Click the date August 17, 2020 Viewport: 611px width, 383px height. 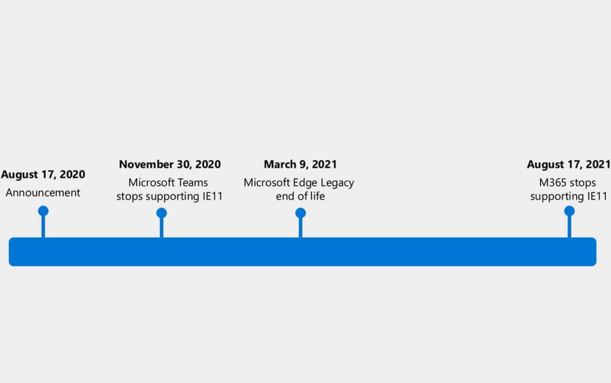(x=43, y=175)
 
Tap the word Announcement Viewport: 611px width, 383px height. (x=43, y=193)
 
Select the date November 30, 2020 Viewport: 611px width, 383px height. (x=170, y=165)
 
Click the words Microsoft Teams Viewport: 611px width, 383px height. (x=168, y=183)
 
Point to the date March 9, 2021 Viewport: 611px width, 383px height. (x=300, y=165)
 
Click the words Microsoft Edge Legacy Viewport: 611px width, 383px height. (x=299, y=183)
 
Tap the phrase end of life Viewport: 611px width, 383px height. (x=300, y=196)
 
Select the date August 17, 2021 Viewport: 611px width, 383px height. (x=568, y=165)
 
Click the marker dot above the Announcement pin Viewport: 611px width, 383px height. (x=43, y=211)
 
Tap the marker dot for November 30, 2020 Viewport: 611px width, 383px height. (x=162, y=213)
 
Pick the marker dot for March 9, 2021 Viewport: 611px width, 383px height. (x=300, y=213)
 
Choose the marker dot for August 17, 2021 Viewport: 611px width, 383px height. (x=569, y=211)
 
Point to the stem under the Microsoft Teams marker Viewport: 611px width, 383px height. (x=162, y=229)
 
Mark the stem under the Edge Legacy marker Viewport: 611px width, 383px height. (x=300, y=229)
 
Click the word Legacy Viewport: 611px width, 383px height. (x=337, y=183)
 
